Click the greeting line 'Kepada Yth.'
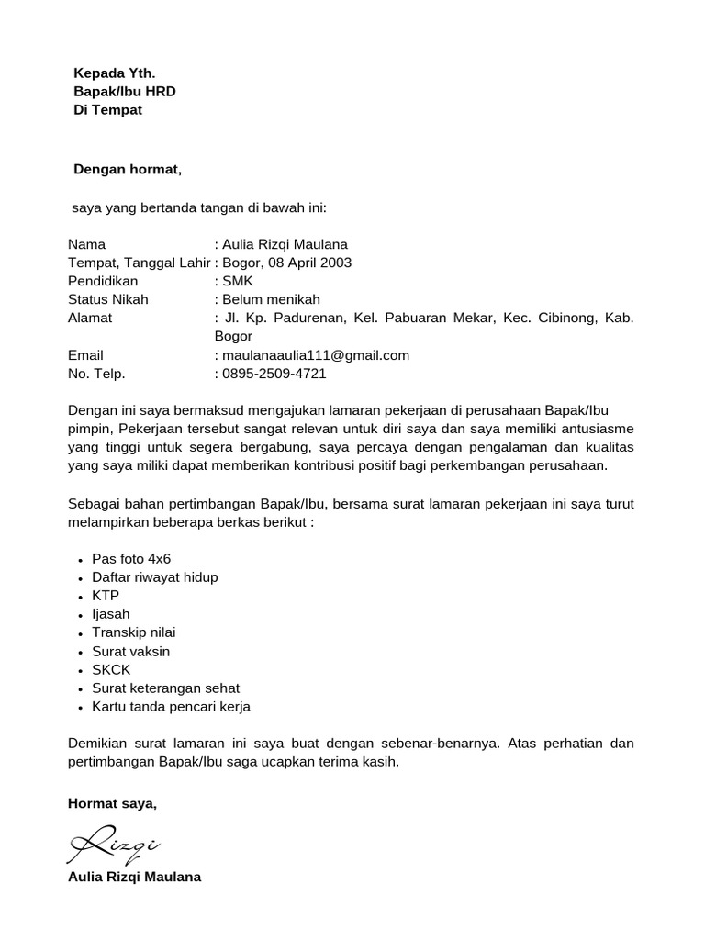[108, 73]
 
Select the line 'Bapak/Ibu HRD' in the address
[124, 91]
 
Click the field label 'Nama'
[87, 244]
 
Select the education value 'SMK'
[237, 281]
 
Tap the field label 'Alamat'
[90, 318]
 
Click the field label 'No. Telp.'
[96, 374]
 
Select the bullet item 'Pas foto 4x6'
[131, 558]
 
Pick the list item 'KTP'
[106, 596]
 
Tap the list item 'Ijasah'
[111, 614]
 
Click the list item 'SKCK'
[111, 670]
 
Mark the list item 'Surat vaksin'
[131, 651]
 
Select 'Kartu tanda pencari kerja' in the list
[171, 707]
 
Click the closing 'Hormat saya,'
[113, 803]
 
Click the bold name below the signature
[134, 877]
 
